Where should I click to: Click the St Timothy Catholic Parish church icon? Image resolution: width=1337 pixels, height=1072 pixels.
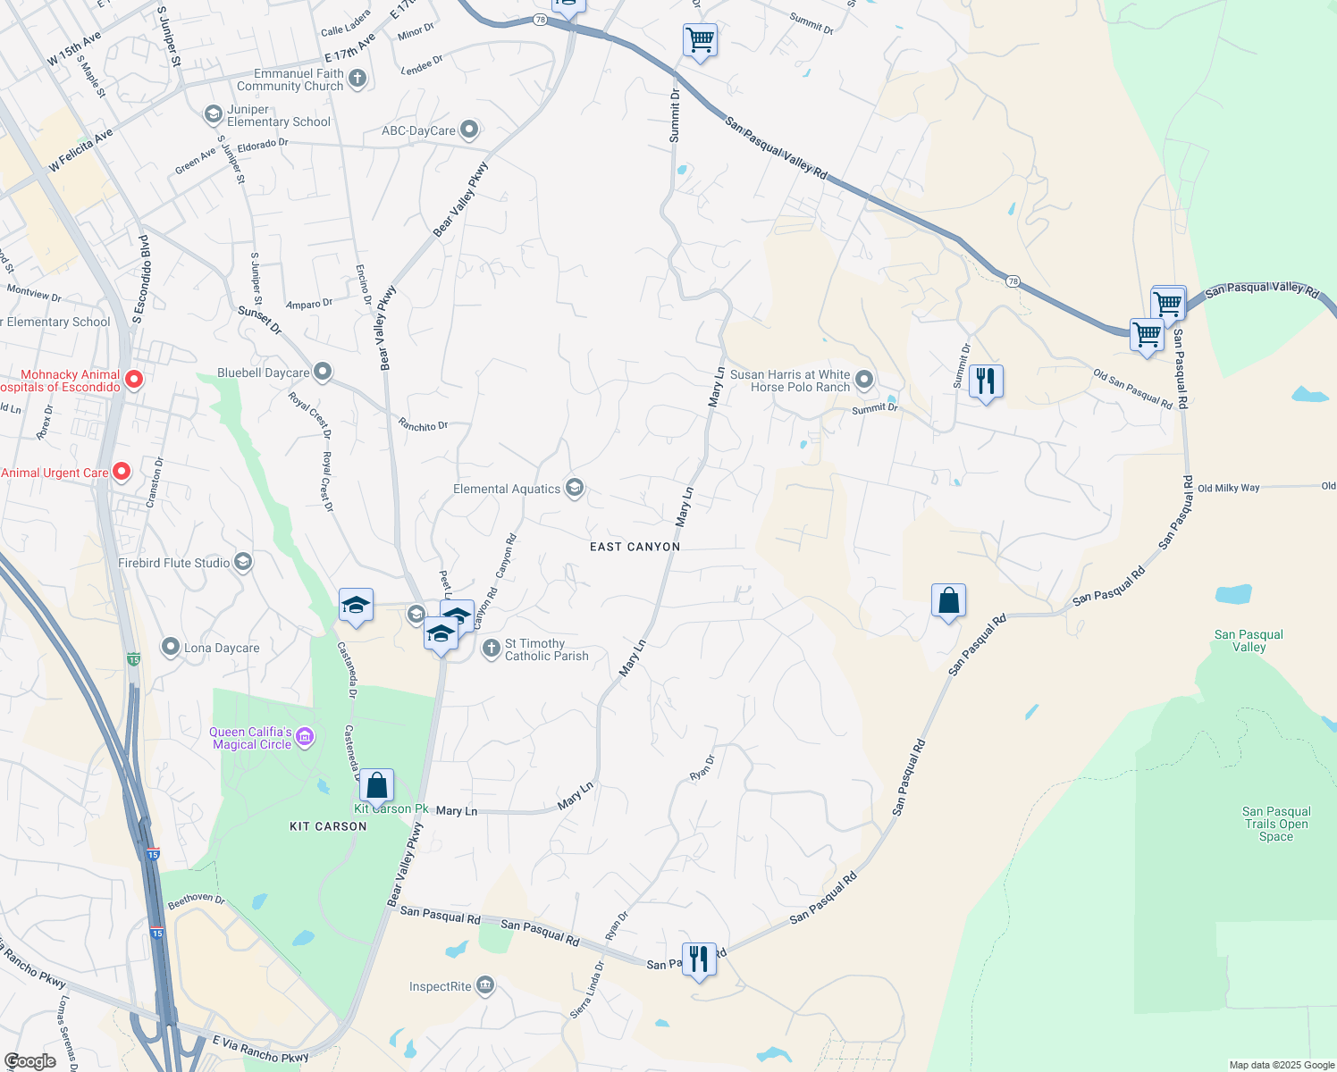(x=491, y=649)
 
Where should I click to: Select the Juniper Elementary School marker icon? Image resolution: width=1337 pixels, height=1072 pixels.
(x=213, y=114)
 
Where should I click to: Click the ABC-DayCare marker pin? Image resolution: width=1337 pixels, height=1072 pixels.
(x=468, y=130)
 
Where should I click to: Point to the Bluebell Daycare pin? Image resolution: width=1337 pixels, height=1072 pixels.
(x=323, y=372)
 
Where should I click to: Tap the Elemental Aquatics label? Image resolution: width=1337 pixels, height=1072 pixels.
(x=507, y=489)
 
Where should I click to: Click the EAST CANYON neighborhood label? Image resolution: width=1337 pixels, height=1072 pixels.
(x=635, y=547)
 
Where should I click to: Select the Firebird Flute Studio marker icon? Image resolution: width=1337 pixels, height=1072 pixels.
(x=243, y=562)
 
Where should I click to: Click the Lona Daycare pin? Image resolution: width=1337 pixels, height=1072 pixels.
(x=171, y=647)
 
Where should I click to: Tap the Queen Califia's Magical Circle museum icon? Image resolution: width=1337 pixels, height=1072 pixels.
(x=305, y=737)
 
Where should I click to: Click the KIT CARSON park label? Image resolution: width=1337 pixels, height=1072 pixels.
(x=328, y=826)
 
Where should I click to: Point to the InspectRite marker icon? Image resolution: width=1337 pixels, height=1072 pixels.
(x=484, y=985)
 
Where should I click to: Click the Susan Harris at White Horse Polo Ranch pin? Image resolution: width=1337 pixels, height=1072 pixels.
(x=864, y=381)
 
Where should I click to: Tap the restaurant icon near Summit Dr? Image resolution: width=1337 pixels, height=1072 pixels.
(x=985, y=381)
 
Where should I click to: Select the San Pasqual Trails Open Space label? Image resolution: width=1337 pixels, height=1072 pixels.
(x=1275, y=824)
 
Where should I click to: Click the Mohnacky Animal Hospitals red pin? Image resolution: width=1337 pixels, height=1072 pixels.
(x=134, y=380)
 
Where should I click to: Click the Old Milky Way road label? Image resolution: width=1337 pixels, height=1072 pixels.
(x=1228, y=488)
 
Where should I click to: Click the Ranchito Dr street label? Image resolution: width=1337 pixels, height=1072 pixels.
(x=423, y=425)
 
